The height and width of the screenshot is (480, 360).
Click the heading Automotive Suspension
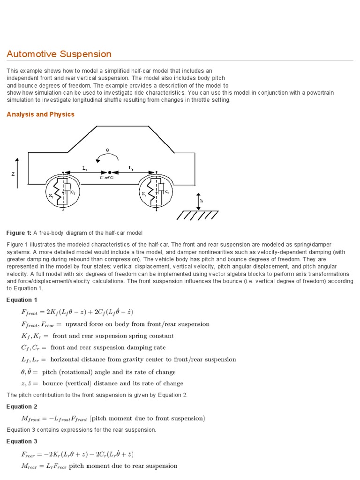(59, 54)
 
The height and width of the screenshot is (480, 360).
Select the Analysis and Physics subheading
(40, 114)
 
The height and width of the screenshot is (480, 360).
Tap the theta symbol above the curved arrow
(107, 150)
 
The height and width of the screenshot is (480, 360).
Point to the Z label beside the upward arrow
(13, 174)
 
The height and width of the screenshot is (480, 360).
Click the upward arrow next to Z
(18, 173)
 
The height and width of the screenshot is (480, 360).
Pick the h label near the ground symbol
(202, 200)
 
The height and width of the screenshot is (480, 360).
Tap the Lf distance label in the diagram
(84, 167)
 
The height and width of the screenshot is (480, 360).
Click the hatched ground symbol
(197, 215)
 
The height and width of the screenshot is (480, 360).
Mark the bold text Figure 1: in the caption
(19, 233)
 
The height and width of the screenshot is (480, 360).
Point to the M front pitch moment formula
(113, 418)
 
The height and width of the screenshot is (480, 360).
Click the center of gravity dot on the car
(110, 172)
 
